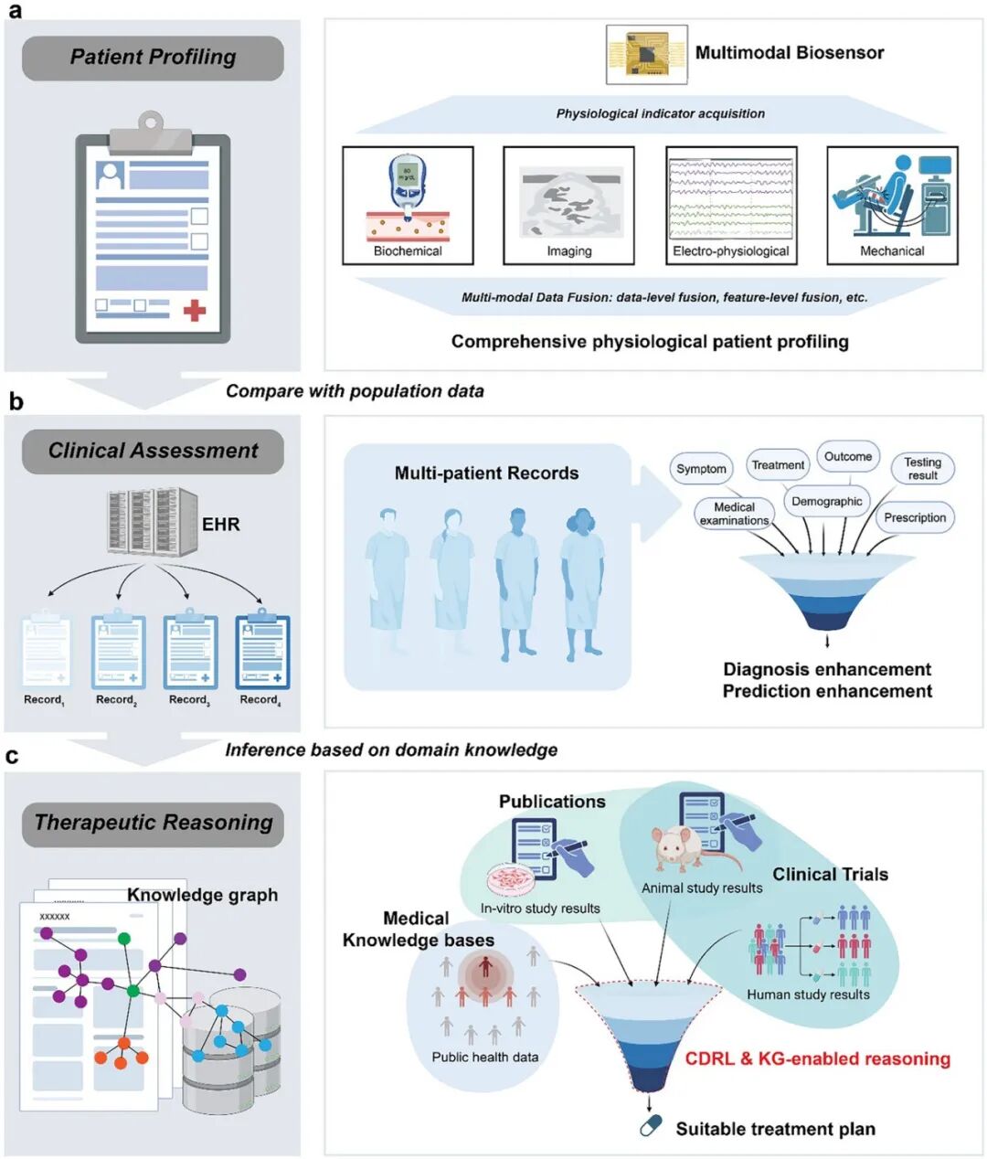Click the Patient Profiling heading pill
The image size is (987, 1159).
153,58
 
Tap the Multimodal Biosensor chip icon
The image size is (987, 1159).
647,55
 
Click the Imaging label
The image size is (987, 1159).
569,251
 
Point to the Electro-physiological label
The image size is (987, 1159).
731,251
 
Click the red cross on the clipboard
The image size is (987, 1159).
194,310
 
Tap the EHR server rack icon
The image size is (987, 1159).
153,521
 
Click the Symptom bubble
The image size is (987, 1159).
701,469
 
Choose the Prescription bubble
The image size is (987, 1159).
915,517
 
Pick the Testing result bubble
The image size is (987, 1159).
922,469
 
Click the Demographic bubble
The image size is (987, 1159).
826,501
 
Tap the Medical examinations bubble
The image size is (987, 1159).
734,514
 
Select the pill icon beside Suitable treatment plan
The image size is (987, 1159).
651,1126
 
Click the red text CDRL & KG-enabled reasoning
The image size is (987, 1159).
818,1058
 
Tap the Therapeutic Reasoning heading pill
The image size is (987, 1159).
153,824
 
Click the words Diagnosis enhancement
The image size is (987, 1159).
827,669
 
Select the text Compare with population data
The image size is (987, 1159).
355,391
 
